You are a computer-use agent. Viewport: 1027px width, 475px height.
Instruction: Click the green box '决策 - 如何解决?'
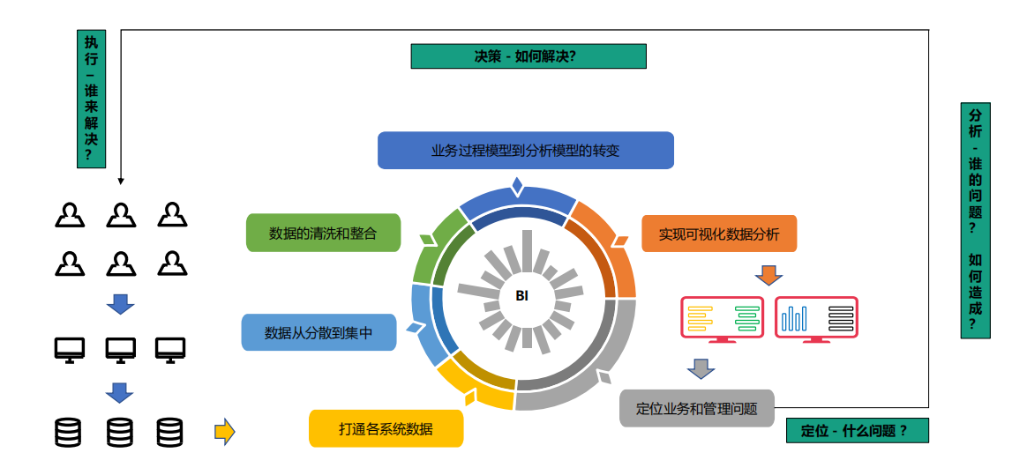click(528, 56)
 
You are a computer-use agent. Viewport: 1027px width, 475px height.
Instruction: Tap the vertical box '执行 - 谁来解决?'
click(92, 99)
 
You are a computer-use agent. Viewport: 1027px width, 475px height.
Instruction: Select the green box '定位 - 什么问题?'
click(857, 431)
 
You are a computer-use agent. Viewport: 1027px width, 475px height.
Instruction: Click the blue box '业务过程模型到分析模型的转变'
click(526, 151)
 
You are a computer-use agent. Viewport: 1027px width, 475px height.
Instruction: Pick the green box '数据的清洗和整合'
click(323, 234)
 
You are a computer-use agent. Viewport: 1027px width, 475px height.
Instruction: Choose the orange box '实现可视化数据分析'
click(719, 234)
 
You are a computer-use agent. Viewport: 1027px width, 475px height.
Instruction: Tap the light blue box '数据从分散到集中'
click(319, 333)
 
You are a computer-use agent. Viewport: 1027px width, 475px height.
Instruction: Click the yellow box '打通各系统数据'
click(386, 429)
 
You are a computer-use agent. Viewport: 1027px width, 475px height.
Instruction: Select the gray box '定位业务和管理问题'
click(696, 409)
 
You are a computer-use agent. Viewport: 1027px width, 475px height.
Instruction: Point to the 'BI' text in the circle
click(521, 296)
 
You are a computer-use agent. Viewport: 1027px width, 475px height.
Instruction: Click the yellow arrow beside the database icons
click(225, 431)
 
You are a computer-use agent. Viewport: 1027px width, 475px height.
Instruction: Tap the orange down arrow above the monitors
click(768, 275)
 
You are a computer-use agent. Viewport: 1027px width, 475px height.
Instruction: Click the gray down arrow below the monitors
click(701, 368)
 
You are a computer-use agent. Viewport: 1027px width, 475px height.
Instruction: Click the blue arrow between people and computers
click(120, 304)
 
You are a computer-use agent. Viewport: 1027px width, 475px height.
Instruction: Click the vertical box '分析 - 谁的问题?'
click(975, 220)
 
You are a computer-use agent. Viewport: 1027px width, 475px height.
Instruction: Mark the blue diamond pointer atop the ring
click(517, 187)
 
